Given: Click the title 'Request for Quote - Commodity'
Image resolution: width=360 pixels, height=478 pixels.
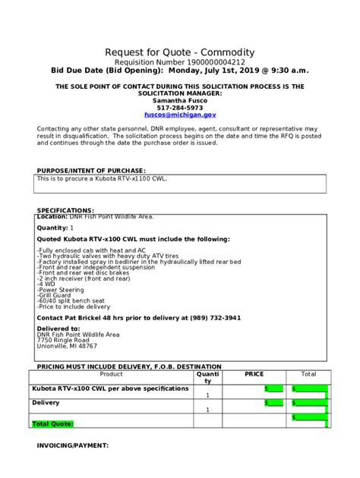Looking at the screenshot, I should (180, 52).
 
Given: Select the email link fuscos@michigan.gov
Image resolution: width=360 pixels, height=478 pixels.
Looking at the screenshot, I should (180, 115).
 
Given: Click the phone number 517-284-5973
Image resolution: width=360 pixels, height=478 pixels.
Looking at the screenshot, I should (180, 108).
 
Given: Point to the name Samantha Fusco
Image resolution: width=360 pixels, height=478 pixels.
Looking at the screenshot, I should (180, 100).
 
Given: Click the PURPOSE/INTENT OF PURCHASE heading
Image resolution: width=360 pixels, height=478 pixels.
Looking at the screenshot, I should (91, 171).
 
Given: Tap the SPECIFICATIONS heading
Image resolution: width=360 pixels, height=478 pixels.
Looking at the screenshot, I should (65, 210).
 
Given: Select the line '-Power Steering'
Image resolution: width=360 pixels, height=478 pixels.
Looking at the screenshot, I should (57, 289).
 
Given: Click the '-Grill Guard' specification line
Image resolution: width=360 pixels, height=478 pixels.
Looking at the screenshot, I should (53, 295).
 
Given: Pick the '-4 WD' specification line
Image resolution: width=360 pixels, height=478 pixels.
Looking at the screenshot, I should (46, 283).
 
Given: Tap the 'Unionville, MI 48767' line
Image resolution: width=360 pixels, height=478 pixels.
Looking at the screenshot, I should (67, 346).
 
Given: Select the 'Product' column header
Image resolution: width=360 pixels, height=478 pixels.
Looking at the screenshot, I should (111, 374).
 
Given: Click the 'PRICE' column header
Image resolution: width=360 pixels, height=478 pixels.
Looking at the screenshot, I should (254, 374).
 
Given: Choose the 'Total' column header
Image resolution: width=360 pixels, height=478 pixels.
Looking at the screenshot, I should (308, 374).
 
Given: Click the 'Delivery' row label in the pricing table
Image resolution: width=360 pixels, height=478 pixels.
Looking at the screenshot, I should (46, 403).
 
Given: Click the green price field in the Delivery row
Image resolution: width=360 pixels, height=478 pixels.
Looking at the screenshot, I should (273, 403).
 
